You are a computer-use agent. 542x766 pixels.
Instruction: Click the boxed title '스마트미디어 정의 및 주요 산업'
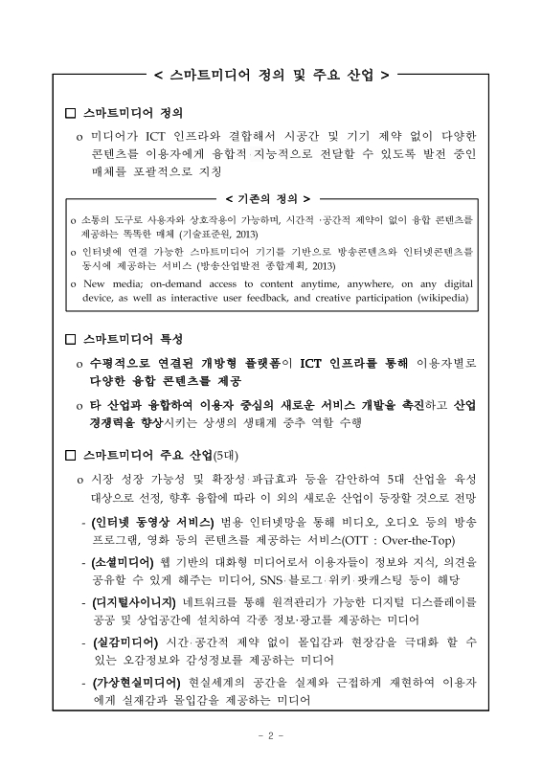click(270, 74)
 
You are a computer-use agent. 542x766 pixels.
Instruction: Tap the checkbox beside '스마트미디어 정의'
click(68, 112)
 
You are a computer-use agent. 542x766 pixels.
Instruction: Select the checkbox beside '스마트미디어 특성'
click(68, 340)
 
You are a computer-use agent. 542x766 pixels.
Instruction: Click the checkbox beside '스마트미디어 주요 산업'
click(68, 453)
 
